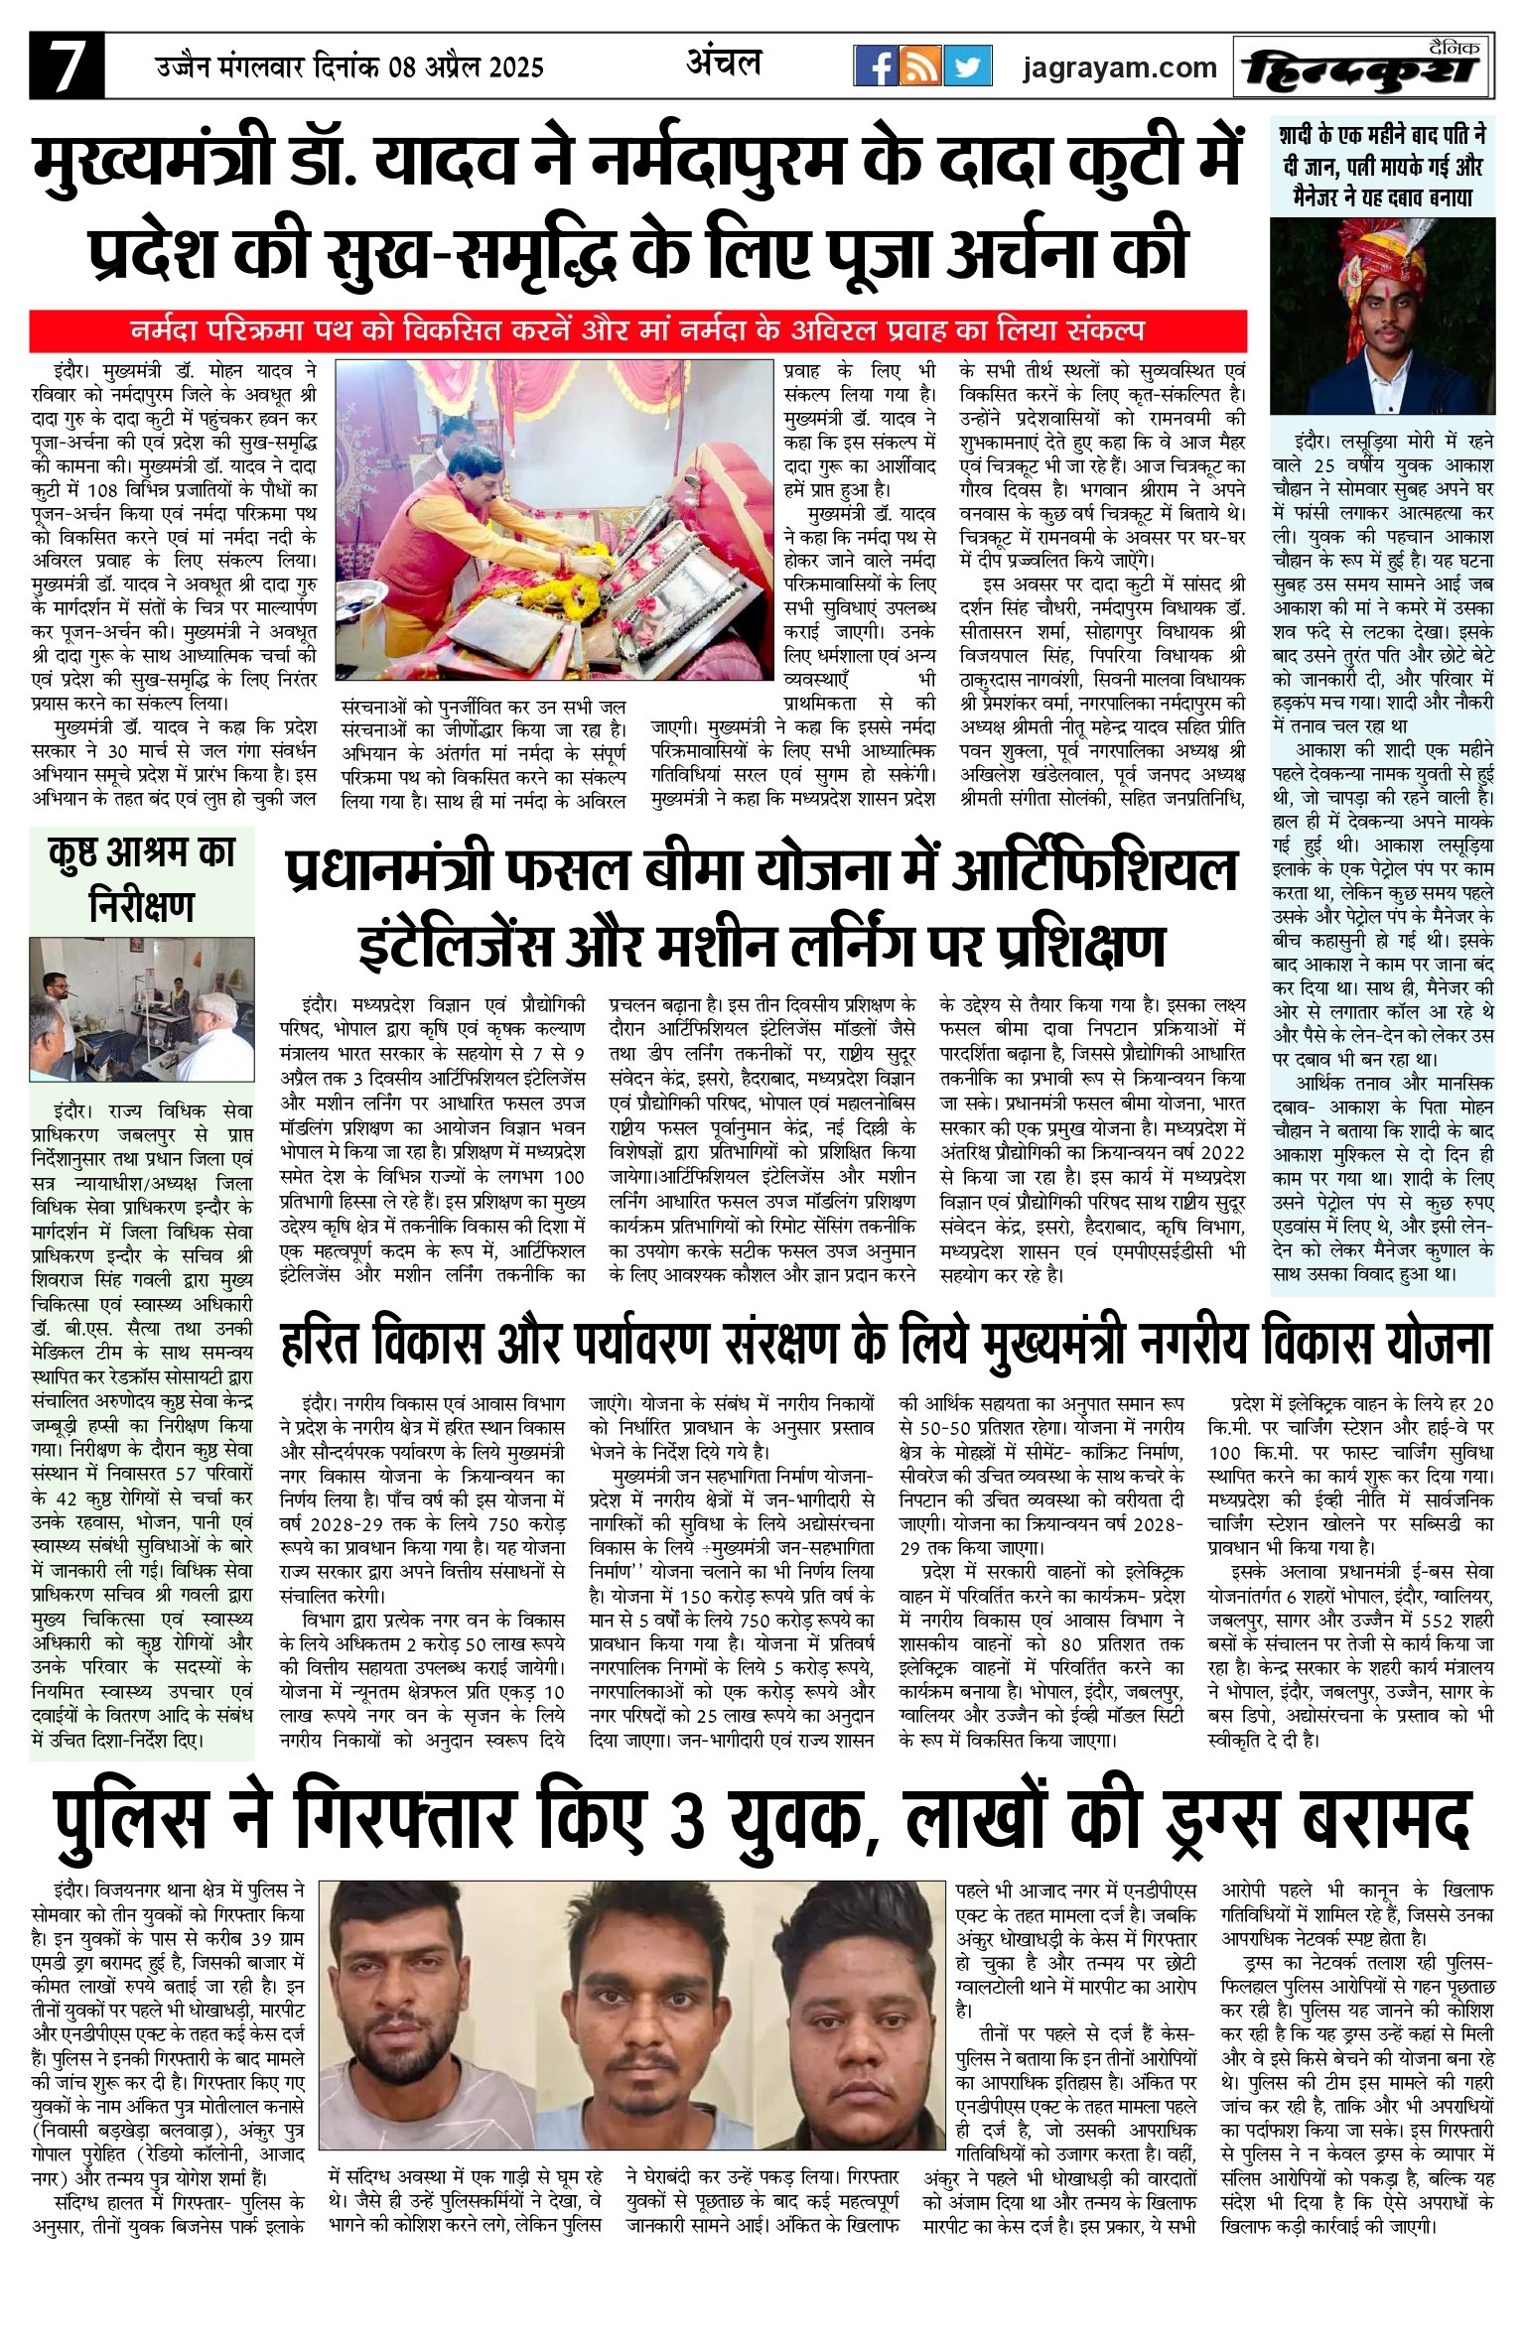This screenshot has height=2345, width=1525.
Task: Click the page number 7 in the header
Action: point(67,65)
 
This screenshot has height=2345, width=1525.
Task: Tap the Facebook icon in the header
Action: point(876,66)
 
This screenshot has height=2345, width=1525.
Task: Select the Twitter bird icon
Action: point(967,66)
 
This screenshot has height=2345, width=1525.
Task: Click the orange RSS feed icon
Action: point(921,66)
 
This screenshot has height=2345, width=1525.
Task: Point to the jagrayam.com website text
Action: point(1119,67)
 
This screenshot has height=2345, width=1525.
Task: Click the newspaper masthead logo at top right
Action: point(1362,67)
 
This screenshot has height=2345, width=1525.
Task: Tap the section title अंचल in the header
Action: point(724,64)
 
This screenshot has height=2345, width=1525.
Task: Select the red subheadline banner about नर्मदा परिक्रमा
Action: point(637,330)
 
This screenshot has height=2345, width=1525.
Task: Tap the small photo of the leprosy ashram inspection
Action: point(142,1009)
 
